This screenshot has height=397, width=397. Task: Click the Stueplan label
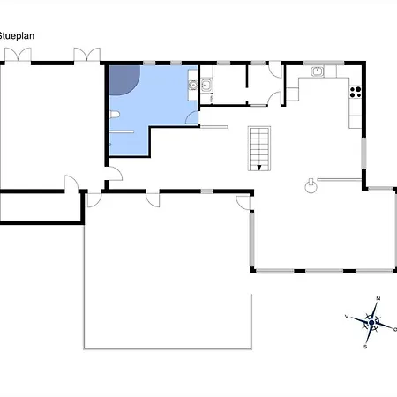tap(17, 36)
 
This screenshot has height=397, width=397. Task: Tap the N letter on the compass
tap(378, 298)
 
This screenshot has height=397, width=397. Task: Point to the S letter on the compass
tap(365, 347)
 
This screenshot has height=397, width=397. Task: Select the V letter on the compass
tap(347, 317)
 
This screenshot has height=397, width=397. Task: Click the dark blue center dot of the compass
tap(371, 323)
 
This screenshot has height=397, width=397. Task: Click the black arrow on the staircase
tap(259, 168)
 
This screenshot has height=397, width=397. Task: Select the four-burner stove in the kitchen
tap(356, 92)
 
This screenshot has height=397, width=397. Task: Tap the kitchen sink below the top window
tap(318, 71)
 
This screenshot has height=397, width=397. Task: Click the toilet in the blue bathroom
tap(114, 115)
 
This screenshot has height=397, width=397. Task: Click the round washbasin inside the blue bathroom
tap(193, 85)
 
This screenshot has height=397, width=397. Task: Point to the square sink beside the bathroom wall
tap(206, 85)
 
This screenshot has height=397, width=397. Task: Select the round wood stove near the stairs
tap(311, 186)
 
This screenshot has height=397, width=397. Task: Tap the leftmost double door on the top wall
tap(18, 55)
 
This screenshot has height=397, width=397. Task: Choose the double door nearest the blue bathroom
tap(86, 55)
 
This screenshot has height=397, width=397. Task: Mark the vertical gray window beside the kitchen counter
tap(363, 154)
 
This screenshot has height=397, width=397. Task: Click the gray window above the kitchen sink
tap(324, 63)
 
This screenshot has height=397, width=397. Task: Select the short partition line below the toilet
tap(122, 132)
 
